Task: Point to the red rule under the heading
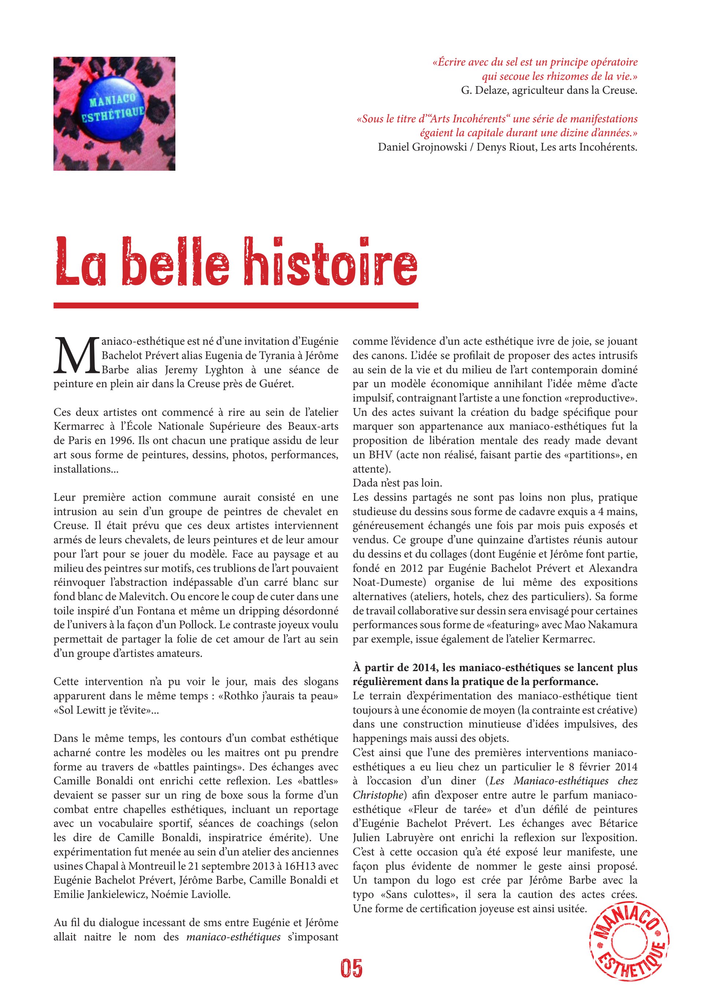[x=236, y=306]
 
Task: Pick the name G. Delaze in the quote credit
[x=481, y=90]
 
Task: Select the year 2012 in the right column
[x=411, y=568]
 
